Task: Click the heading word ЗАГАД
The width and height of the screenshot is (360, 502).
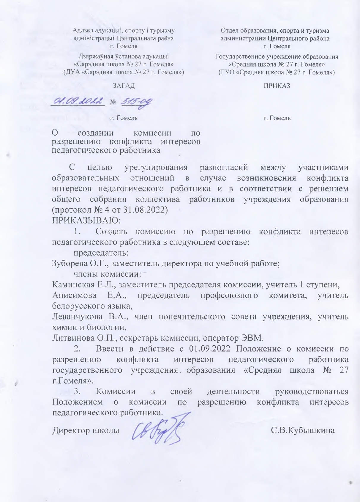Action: click(x=124, y=86)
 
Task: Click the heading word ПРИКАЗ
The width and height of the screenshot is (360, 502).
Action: click(x=277, y=86)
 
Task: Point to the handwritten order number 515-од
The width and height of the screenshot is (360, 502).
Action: click(x=136, y=102)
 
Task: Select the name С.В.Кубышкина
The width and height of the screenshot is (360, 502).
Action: click(x=303, y=431)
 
